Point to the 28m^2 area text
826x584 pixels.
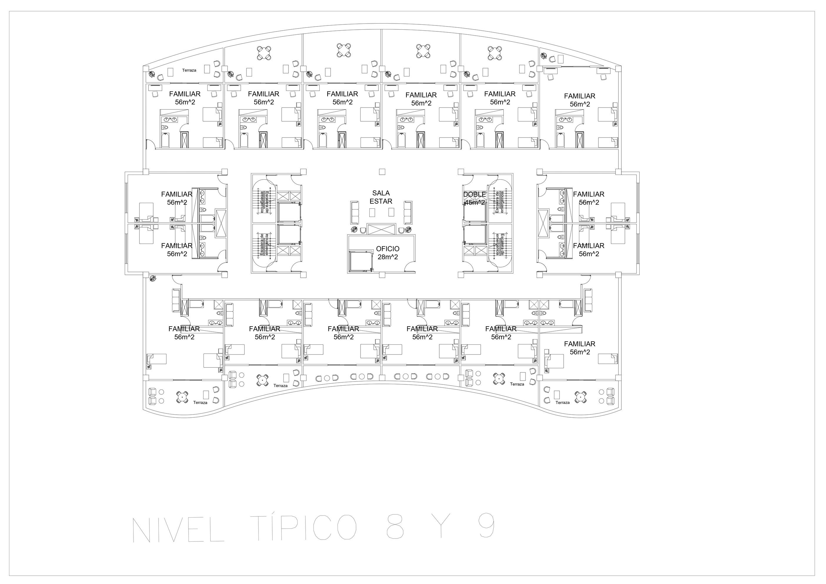pos(388,257)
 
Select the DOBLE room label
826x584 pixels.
pos(474,195)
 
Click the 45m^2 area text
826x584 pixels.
pos(475,203)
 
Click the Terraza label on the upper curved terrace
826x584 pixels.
pos(189,71)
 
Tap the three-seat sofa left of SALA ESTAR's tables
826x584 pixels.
pos(355,212)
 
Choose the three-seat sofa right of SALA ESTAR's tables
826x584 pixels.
pos(408,212)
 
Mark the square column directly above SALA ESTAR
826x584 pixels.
pos(382,172)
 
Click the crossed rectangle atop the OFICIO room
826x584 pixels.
pos(381,229)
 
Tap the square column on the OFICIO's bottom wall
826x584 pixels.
pos(382,275)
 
